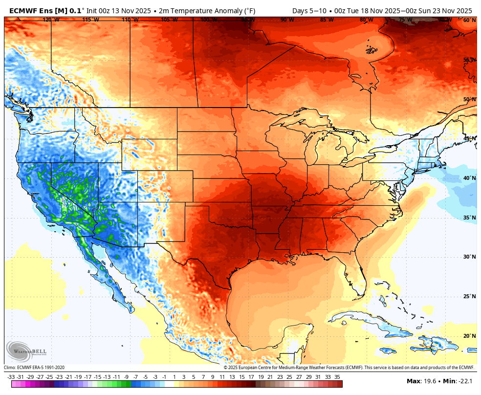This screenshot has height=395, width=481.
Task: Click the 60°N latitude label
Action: (x=469, y=20)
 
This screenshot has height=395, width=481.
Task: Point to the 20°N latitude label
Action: (x=469, y=336)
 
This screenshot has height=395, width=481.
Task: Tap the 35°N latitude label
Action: (x=469, y=218)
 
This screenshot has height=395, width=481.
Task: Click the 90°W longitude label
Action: (x=287, y=20)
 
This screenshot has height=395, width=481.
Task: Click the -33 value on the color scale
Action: (x=11, y=377)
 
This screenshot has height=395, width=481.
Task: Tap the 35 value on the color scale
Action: (x=337, y=377)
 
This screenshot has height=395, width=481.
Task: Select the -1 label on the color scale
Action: (x=164, y=377)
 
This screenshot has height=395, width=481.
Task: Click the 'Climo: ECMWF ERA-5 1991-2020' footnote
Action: (x=34, y=368)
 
